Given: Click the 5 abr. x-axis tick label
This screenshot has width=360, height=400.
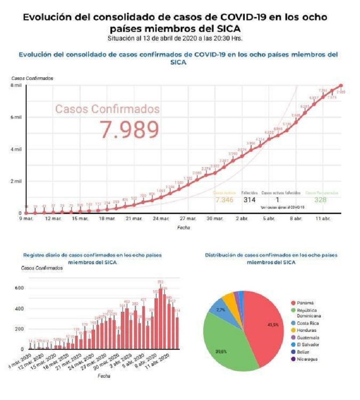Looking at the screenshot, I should point(269,218).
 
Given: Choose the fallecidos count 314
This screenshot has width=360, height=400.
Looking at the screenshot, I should point(249,200).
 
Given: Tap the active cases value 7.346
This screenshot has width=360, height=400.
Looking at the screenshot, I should point(224,200).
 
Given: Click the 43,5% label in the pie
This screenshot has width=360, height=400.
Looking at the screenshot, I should point(274,325).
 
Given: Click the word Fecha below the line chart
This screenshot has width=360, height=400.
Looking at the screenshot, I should point(184,228).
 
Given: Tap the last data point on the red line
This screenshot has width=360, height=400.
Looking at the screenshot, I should point(340,86).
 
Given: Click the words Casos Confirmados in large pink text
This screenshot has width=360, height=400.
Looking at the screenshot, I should point(107,109).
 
